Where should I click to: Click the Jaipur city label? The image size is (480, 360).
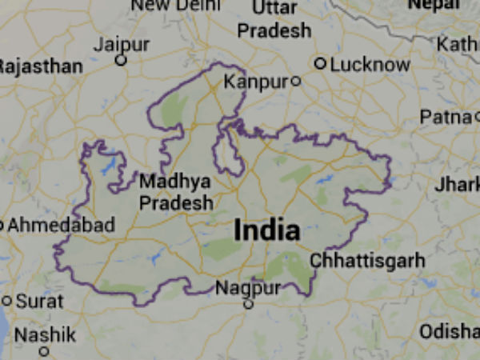tap(121, 45)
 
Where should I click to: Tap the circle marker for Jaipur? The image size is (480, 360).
tap(121, 60)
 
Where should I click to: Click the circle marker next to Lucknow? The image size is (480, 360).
tap(320, 63)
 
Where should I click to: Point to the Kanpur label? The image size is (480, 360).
tap(255, 82)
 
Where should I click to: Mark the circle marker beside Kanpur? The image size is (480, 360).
tap(295, 81)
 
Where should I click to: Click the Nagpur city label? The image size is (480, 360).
tap(249, 288)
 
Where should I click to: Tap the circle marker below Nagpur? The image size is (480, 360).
tap(248, 304)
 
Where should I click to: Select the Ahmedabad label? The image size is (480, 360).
tap(60, 226)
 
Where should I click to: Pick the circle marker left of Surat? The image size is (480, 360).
tap(6, 302)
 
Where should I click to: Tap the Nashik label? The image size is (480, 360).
tap(45, 334)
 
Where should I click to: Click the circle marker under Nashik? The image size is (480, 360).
tap(44, 350)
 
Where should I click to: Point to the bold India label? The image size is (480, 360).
tap(267, 231)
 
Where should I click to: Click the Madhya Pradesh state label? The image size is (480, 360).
tap(176, 192)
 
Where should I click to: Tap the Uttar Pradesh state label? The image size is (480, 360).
tap(274, 19)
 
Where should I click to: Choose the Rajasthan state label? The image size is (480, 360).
tap(40, 66)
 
